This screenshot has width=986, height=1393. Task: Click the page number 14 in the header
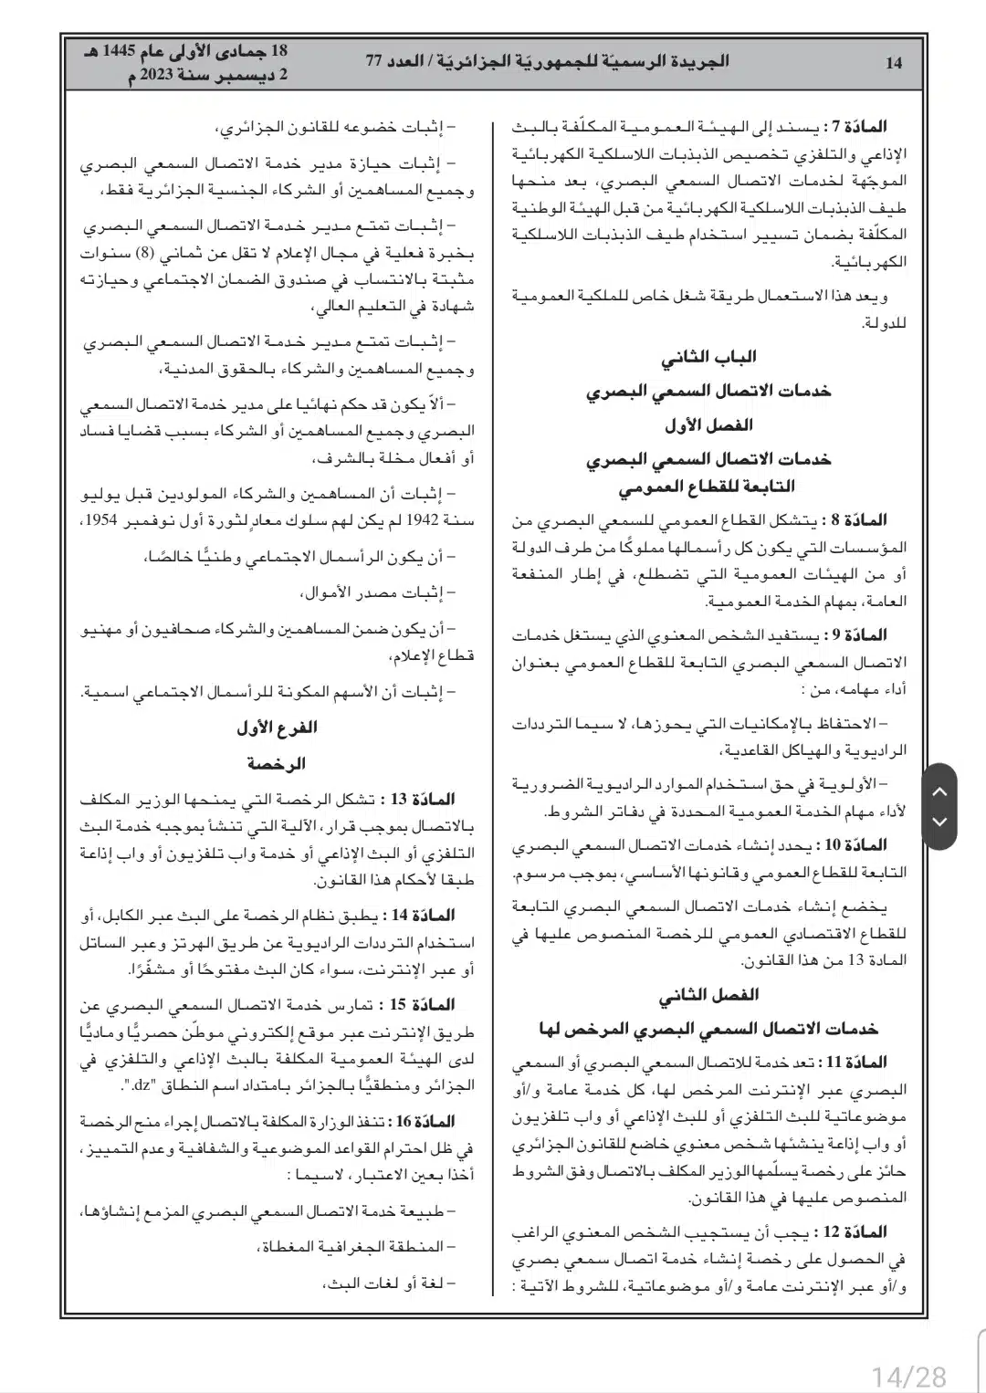(x=893, y=62)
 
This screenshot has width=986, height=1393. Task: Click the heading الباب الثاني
(x=708, y=357)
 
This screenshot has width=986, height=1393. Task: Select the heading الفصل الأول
(x=708, y=425)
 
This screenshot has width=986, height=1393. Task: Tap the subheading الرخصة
(x=277, y=763)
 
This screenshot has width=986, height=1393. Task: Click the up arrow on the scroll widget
(x=939, y=791)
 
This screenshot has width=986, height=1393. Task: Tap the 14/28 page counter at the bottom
(x=909, y=1375)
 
